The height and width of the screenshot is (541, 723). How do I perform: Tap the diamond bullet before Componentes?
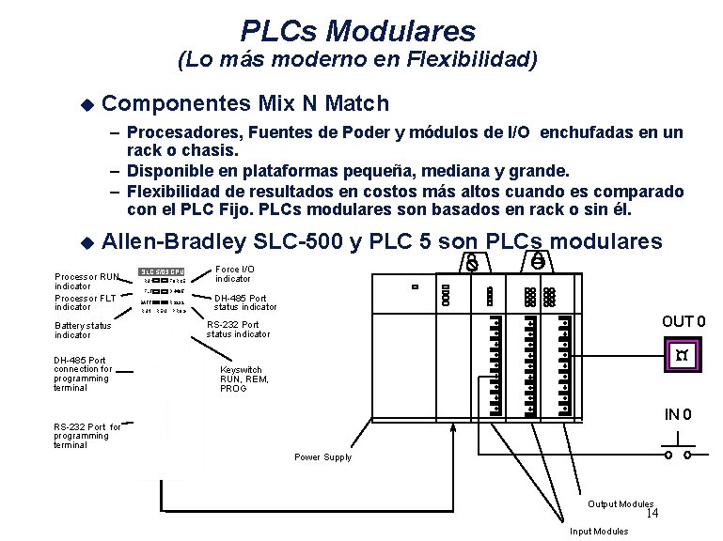87,102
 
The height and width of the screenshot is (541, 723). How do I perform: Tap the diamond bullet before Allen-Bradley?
87,242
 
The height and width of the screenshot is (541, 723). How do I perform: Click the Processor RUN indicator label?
86,281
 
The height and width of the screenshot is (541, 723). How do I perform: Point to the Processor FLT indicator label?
86,301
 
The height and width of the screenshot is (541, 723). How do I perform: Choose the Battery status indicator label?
83,330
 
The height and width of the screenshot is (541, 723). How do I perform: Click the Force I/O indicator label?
234,273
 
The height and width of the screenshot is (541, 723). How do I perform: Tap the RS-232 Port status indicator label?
238,329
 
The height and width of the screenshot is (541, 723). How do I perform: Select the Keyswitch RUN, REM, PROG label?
241,379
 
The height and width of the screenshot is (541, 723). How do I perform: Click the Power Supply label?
322,457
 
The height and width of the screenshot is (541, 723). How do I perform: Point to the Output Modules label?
621,504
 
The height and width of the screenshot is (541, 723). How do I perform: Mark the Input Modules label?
599,532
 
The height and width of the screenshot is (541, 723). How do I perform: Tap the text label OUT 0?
684,322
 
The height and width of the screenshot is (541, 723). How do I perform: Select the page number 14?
652,513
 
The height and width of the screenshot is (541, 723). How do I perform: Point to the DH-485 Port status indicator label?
245,302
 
